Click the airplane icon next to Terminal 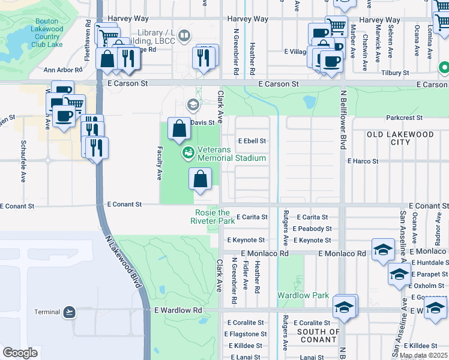(x=70, y=312)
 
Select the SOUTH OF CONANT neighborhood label (x=319, y=335)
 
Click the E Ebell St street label (x=252, y=141)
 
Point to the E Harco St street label (x=363, y=161)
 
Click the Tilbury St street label (x=396, y=73)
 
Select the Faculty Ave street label (x=160, y=165)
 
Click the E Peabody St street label (x=312, y=229)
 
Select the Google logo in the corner (x=20, y=353)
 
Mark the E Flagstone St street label (x=246, y=334)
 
